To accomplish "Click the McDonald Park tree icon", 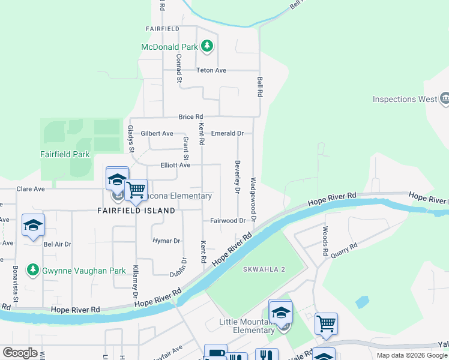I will click(207, 46).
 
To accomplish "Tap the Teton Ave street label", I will click(211, 70).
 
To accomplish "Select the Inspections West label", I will click(404, 99).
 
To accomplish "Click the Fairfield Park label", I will click(65, 154).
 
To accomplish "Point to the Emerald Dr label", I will click(229, 133).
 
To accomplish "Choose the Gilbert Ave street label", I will click(157, 133).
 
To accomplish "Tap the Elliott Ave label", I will click(175, 164).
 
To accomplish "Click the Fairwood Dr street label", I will click(228, 220).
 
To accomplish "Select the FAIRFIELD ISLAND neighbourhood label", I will click(136, 211).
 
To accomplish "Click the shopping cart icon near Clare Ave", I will click(136, 190).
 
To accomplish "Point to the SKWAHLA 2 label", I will click(264, 269).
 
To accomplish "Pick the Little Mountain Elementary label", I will click(247, 326).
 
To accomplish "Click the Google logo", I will click(20, 352).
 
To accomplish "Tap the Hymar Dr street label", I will click(166, 241).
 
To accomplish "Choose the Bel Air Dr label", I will click(57, 244).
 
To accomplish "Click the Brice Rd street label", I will click(190, 116).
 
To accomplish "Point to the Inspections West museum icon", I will click(445, 98).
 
